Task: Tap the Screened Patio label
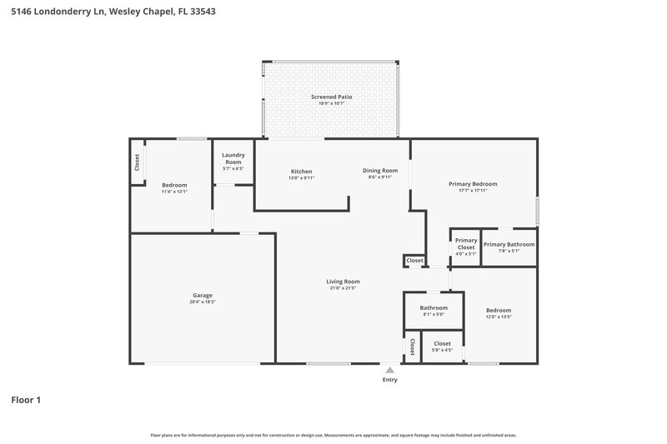[x=331, y=97]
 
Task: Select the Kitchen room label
[x=301, y=171]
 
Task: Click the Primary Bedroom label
[x=473, y=184]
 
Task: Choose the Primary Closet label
[x=465, y=244]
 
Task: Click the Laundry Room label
[x=233, y=158]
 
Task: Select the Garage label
[x=203, y=295]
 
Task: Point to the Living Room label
[x=343, y=282]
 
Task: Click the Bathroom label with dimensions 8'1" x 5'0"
[x=434, y=308]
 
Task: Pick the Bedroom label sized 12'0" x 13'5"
[x=498, y=311]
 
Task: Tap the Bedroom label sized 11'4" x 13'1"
[x=174, y=185]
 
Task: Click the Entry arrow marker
[x=389, y=369]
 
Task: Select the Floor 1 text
[x=26, y=401]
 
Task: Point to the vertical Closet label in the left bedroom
[x=138, y=162]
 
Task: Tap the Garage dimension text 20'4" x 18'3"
[x=203, y=302]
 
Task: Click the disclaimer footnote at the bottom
[x=333, y=435]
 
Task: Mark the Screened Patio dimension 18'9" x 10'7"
[x=331, y=103]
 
